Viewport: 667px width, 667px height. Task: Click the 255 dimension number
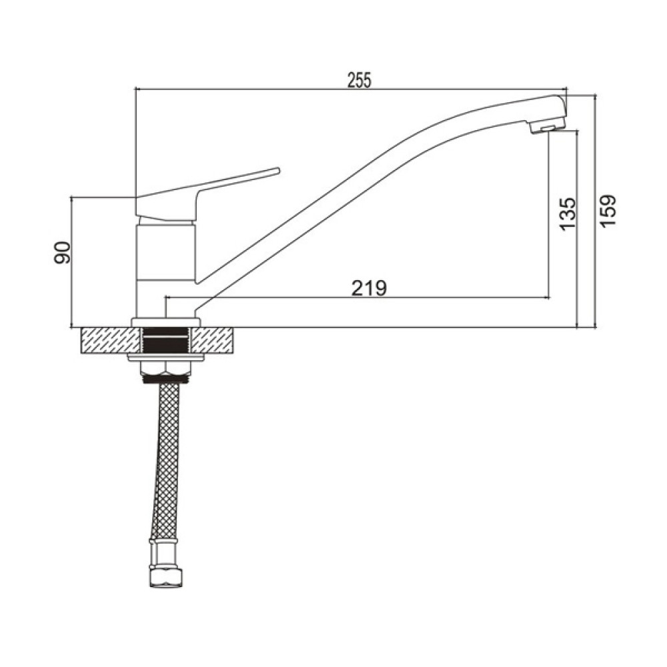click(x=360, y=80)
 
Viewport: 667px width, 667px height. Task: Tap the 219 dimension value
click(x=370, y=288)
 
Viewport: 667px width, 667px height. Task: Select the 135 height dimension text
click(x=568, y=214)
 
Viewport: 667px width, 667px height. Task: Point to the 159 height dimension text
click(x=608, y=211)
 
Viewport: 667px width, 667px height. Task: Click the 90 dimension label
click(x=62, y=252)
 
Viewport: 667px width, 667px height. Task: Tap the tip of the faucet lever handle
click(x=278, y=170)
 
